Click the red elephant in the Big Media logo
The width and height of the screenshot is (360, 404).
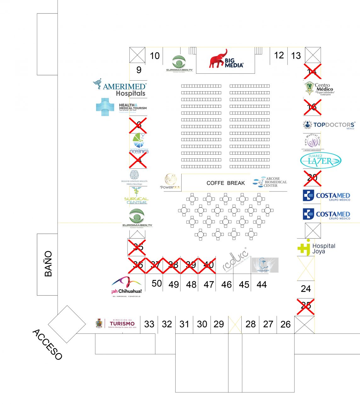tap(218, 59)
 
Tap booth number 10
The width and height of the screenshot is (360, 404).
tap(155, 56)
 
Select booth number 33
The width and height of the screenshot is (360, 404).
tap(149, 324)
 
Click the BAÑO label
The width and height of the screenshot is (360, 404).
tap(48, 264)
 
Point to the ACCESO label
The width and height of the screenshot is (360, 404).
tap(47, 344)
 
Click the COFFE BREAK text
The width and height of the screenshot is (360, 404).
tap(226, 183)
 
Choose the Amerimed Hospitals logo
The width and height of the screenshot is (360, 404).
tap(120, 88)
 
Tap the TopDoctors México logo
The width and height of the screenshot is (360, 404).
tap(329, 125)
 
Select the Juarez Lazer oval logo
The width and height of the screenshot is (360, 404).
tap(320, 161)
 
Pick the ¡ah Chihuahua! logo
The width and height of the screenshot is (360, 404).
tap(127, 286)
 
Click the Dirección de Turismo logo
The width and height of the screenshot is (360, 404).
tap(117, 323)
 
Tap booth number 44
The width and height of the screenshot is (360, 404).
tap(262, 285)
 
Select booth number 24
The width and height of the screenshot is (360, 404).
tap(306, 288)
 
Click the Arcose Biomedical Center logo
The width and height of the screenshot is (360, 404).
tap(270, 182)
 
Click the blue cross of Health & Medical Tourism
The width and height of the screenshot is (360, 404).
tap(105, 107)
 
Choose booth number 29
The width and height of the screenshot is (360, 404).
tap(219, 324)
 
